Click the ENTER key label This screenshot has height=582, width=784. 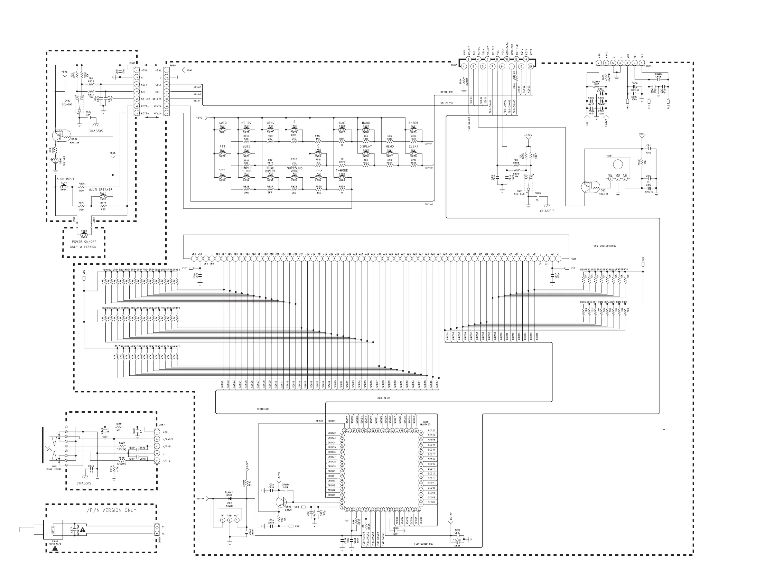click(413, 123)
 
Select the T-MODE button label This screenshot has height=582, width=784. click(342, 170)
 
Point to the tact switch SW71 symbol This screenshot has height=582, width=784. click(223, 129)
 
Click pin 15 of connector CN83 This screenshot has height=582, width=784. click(530, 66)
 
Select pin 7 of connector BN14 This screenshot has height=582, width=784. click(598, 63)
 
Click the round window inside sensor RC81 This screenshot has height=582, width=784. click(617, 164)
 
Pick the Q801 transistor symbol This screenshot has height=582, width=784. click(587, 187)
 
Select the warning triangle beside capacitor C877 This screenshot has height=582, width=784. click(83, 530)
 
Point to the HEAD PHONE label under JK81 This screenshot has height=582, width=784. click(54, 469)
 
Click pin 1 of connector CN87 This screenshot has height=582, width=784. click(157, 432)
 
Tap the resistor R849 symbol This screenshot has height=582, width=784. click(118, 427)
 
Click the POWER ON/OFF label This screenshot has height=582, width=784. click(84, 242)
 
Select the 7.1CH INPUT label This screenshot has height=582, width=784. click(66, 179)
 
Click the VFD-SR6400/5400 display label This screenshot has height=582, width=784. click(605, 246)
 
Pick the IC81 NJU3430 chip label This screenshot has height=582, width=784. click(426, 423)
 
